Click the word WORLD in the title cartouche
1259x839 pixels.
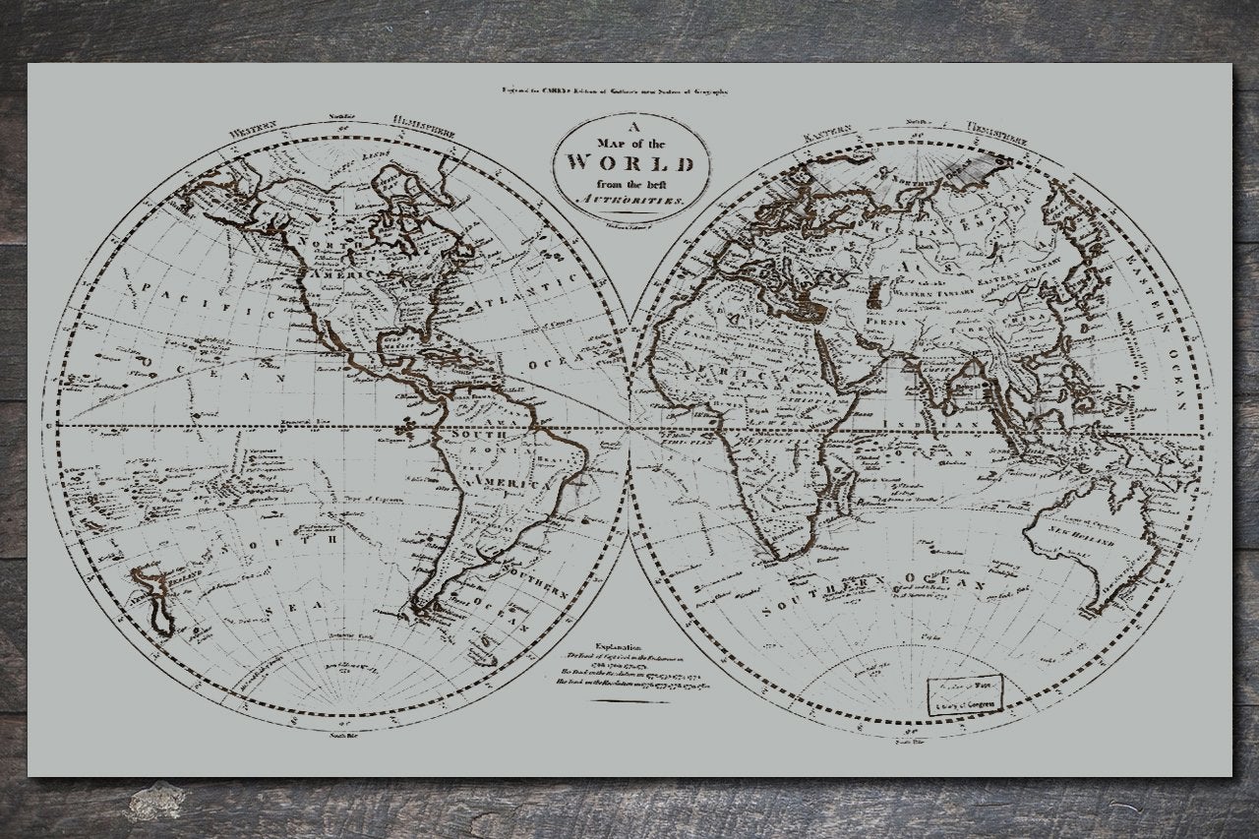point(631,163)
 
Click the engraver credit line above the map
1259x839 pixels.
point(614,91)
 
